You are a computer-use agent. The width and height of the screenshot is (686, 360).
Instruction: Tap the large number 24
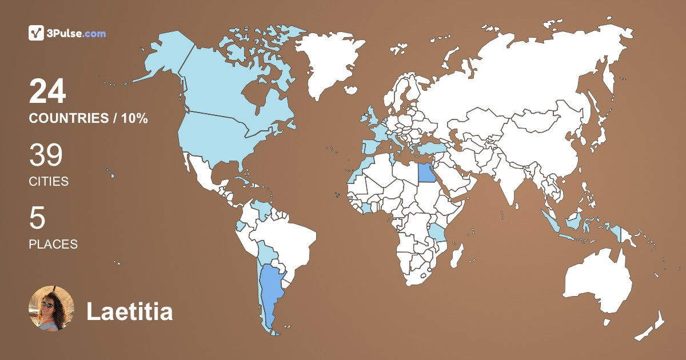[x=47, y=92]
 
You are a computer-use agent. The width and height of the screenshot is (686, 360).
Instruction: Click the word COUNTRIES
[x=69, y=119]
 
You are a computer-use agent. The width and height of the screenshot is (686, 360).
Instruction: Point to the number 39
[x=46, y=155]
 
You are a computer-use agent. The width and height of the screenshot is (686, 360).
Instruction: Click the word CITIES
[x=49, y=182]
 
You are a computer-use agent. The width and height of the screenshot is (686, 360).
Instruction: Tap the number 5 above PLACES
[x=37, y=218]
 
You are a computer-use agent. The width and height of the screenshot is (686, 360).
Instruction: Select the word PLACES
[x=53, y=245]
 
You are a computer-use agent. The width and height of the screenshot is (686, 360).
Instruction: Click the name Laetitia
[x=129, y=312]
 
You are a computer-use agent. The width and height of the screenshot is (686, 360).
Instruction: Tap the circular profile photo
[x=51, y=309]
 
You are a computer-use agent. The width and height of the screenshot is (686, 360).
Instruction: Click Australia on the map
[x=597, y=286]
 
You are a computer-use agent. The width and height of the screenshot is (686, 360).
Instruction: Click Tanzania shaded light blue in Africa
[x=437, y=233]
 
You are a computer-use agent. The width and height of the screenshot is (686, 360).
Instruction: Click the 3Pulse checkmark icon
[x=37, y=33]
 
